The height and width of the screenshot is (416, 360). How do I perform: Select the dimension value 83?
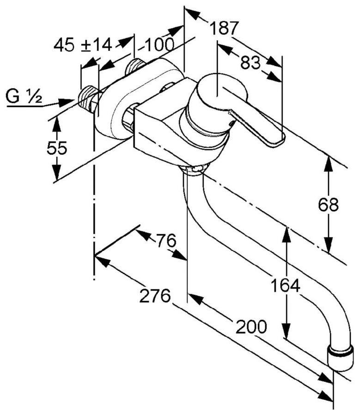point(251,63)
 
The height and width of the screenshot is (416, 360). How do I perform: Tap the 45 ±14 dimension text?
point(83,45)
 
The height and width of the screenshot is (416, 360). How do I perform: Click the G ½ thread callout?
point(25,97)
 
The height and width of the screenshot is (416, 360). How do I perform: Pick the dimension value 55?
point(57,148)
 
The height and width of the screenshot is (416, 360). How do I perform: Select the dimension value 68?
point(328,204)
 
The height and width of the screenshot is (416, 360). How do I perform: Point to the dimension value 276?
point(155,296)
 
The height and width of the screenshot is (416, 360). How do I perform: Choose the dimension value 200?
point(251,327)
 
